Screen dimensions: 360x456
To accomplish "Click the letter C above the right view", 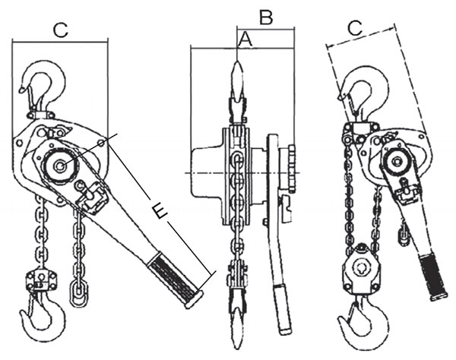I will [x=355, y=28].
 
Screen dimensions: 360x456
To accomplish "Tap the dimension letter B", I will [x=266, y=15].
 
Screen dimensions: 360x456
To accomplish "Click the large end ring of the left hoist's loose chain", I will [x=75, y=292].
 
